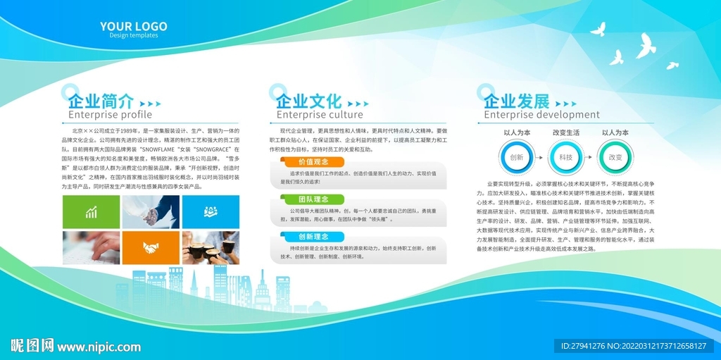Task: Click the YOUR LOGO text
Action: [x=133, y=27]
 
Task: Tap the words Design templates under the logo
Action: [x=133, y=36]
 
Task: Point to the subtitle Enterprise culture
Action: [x=320, y=115]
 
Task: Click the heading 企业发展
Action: [x=516, y=100]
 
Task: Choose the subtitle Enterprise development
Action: [x=541, y=115]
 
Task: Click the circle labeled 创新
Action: [x=516, y=157]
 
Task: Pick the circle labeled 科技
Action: [x=565, y=157]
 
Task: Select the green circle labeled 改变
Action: [x=615, y=157]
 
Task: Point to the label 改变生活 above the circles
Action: [x=565, y=132]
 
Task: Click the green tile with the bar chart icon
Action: [x=91, y=212]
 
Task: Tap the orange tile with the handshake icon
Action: [x=151, y=247]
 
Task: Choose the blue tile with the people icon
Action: [x=211, y=212]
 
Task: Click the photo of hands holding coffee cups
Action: [x=211, y=247]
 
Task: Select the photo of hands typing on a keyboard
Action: [x=91, y=247]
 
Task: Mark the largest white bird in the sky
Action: [x=645, y=46]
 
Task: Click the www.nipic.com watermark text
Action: [x=99, y=347]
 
